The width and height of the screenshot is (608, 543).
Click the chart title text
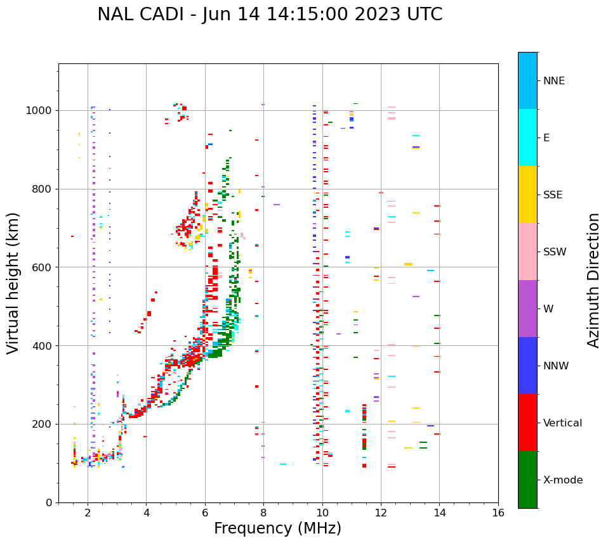point(270,15)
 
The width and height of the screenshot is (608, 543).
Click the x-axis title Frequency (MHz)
point(277,528)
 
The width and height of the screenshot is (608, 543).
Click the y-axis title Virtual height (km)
point(14,283)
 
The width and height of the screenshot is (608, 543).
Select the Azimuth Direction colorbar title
point(593,280)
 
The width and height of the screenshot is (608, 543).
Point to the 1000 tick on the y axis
point(41,110)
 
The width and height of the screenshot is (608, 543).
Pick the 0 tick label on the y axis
point(50,502)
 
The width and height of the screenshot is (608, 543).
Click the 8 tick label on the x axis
point(263,513)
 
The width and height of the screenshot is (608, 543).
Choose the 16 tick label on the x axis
point(498,513)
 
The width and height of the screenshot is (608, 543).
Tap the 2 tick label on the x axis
point(88,513)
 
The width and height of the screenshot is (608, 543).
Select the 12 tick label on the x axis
point(381,513)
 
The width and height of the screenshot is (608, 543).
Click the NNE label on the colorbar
point(554,81)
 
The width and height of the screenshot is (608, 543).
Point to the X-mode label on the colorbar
point(563,480)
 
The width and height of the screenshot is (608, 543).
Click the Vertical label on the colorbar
point(562,423)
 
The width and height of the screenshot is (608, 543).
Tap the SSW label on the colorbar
point(555,252)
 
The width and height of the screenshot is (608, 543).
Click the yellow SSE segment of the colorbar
point(527,195)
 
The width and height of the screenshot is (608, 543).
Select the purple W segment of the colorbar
point(527,309)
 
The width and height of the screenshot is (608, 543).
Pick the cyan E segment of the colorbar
point(527,137)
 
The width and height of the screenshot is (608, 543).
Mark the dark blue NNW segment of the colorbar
point(527,366)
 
